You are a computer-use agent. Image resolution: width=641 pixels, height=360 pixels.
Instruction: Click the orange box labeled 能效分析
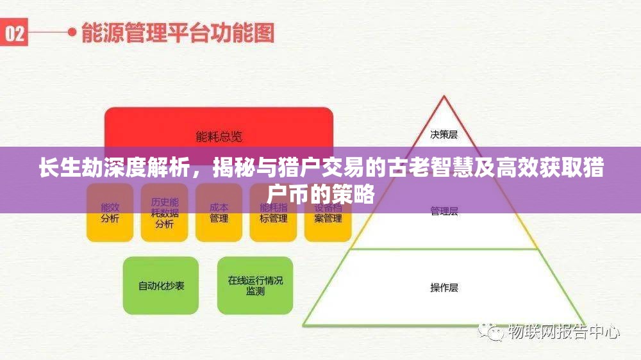click(x=110, y=213)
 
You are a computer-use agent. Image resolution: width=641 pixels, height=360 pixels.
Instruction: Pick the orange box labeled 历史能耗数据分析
click(x=164, y=213)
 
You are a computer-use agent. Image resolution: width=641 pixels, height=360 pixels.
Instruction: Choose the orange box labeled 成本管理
click(x=219, y=213)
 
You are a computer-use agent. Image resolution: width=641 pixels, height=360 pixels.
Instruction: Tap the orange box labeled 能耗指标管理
click(x=273, y=213)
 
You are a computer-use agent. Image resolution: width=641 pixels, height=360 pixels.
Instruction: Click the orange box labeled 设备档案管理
click(x=328, y=213)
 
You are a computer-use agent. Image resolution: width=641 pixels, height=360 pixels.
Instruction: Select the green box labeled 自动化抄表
click(x=161, y=286)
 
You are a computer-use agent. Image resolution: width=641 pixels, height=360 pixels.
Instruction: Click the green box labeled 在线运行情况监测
click(x=255, y=286)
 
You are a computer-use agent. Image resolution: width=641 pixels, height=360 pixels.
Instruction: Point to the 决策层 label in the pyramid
click(x=444, y=135)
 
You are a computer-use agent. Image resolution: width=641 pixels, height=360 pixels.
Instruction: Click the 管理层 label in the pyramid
click(x=444, y=212)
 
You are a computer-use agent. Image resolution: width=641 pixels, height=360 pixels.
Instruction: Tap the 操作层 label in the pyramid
click(x=444, y=288)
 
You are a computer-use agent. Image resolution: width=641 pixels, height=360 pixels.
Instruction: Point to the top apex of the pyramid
click(x=444, y=97)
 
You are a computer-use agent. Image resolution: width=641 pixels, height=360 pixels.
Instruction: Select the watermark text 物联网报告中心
click(x=563, y=332)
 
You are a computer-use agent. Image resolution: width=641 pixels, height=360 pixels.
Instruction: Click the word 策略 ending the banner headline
click(x=359, y=192)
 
